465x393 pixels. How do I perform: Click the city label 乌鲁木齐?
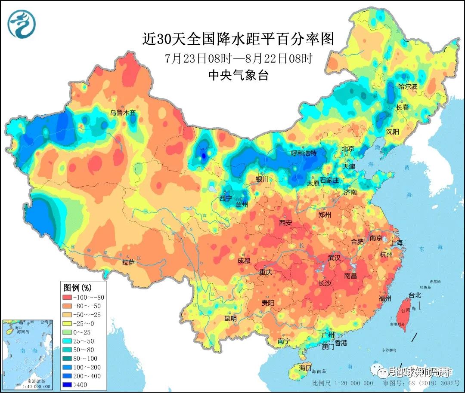pos(123,113)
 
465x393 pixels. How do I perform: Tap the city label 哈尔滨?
pos(408,87)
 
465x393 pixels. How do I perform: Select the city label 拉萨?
pos(128,262)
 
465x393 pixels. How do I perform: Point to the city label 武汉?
pos(334,258)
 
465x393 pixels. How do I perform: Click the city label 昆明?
pos(230,319)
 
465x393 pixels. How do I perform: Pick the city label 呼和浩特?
pos(304,153)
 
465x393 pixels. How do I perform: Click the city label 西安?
pos(285,223)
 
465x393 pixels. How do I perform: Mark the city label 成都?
pos(244,261)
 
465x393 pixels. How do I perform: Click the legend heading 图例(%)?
pos(78,287)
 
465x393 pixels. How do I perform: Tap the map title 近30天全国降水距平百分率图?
pos(238,39)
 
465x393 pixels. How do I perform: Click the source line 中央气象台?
pos(238,76)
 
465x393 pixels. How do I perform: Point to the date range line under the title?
pos(238,58)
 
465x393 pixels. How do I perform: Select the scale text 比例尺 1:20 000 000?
pos(343,383)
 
